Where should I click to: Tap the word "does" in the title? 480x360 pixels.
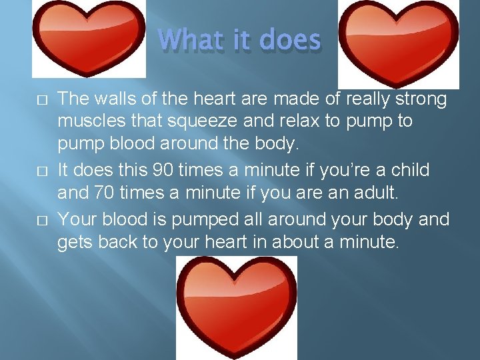tap(290, 40)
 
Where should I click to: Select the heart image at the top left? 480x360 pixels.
tap(89, 39)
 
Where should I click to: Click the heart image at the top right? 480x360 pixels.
tap(398, 41)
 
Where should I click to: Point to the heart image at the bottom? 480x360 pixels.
tap(237, 307)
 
